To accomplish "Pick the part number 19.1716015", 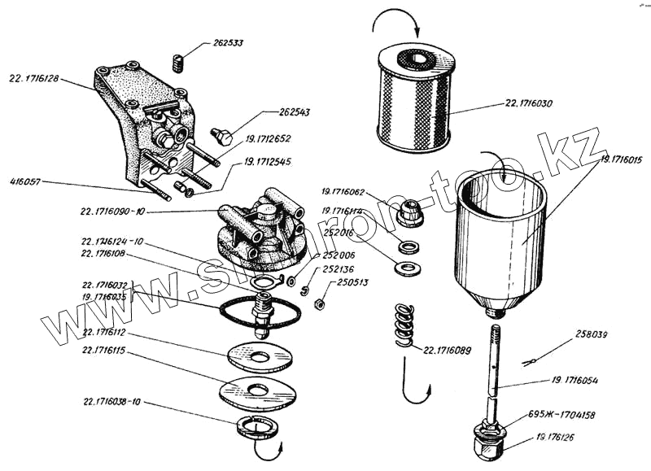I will [x=623, y=161].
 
